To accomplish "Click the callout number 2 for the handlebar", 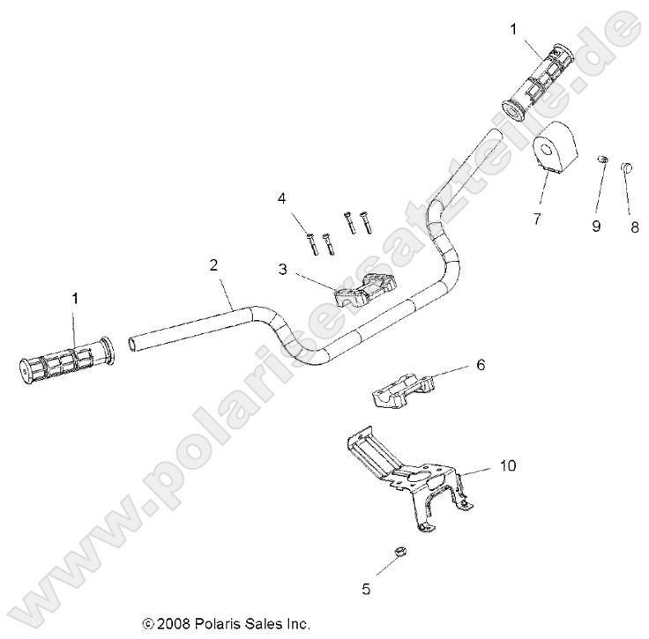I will coord(213,264).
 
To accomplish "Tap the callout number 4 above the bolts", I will coord(281,197).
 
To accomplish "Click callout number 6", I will coord(455,363).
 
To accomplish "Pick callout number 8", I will coord(632,226).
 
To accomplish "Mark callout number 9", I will coord(596,226).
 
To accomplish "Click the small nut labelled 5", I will coord(397,553).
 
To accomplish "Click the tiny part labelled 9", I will coord(601,160).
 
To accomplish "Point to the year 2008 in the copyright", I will coord(171,623).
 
